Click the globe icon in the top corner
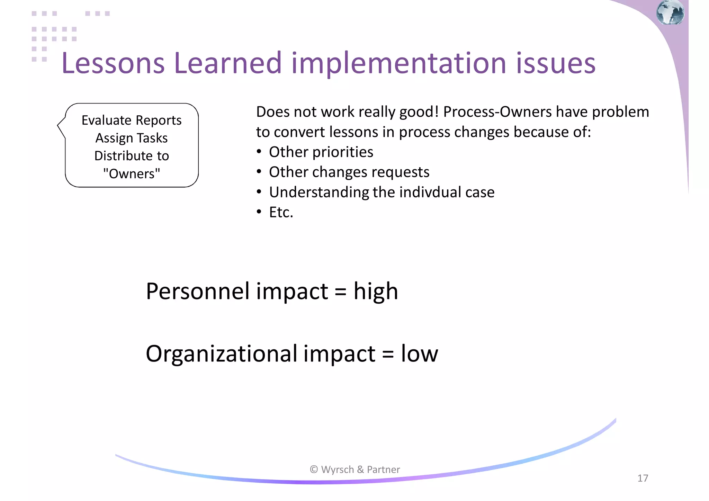point(670,12)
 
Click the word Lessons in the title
point(113,63)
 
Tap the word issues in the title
point(556,63)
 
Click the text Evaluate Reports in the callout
point(132,120)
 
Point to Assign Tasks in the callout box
point(132,138)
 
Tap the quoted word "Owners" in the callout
point(132,173)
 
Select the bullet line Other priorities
point(321,152)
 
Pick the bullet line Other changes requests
point(349,172)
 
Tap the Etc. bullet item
point(281,212)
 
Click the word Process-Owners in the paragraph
point(497,112)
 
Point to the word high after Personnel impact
point(376,291)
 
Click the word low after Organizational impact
point(419,354)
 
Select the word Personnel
point(198,291)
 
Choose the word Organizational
point(222,354)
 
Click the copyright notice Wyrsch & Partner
point(355,469)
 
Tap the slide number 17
point(643,478)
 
